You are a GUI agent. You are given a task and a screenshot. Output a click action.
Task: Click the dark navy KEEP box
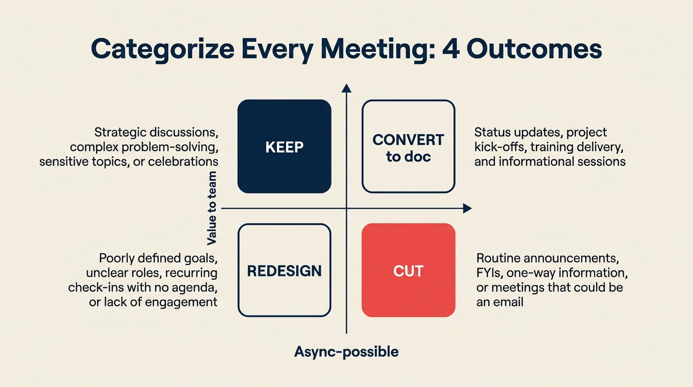click(x=284, y=146)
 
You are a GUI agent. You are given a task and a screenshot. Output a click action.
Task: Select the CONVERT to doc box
click(x=408, y=146)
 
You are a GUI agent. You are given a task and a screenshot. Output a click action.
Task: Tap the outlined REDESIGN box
click(x=284, y=270)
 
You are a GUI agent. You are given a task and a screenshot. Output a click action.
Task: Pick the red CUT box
click(x=408, y=270)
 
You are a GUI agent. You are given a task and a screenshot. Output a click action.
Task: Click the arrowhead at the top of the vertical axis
click(x=346, y=88)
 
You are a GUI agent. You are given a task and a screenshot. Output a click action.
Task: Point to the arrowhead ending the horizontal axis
click(x=467, y=208)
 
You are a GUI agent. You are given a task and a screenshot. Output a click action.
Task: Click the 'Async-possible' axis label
click(x=346, y=351)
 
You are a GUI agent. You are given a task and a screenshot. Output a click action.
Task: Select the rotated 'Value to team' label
click(x=212, y=208)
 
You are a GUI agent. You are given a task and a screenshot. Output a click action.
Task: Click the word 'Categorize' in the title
click(x=162, y=49)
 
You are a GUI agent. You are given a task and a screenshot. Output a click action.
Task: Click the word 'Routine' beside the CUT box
click(x=498, y=259)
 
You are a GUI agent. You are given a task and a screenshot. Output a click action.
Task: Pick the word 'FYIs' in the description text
click(x=489, y=273)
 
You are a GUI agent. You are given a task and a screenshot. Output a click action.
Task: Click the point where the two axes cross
click(x=346, y=208)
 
